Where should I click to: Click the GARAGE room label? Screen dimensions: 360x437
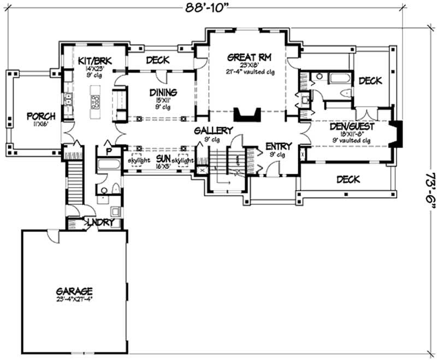[x=73, y=291]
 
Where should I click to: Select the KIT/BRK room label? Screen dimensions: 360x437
[x=95, y=60]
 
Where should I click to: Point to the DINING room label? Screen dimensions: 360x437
[x=163, y=93]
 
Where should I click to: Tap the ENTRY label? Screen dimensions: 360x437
[x=279, y=146]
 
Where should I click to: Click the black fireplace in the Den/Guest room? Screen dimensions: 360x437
[x=399, y=134]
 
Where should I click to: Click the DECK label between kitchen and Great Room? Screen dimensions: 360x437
[x=157, y=60]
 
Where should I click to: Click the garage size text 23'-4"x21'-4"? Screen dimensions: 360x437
[x=74, y=300]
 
